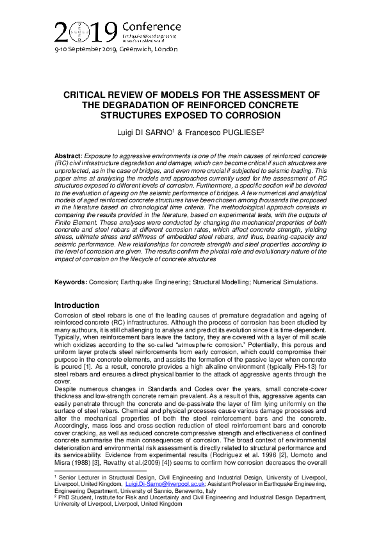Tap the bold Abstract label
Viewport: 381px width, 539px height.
(68, 156)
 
